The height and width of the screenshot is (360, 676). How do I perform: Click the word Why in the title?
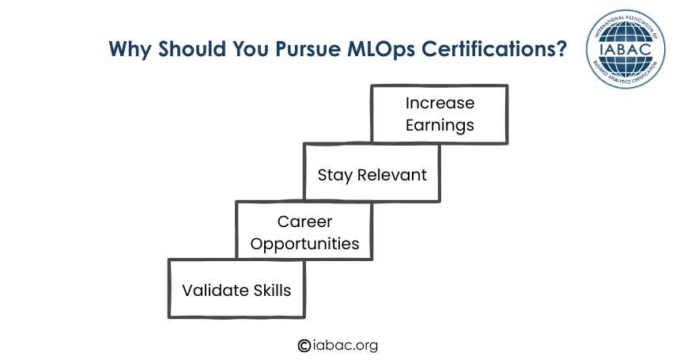click(x=130, y=49)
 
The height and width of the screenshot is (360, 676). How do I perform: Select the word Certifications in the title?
click(x=487, y=48)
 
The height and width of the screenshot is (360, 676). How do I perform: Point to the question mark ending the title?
click(x=560, y=48)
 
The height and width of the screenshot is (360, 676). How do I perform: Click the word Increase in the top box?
click(x=440, y=103)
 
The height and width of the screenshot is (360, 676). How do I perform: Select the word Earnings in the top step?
click(x=440, y=126)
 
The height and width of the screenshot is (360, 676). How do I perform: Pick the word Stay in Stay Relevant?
click(x=335, y=176)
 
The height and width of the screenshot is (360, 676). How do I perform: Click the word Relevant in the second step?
click(x=392, y=175)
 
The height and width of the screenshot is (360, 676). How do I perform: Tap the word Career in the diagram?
click(x=305, y=222)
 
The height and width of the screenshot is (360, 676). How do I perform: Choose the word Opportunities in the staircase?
click(x=305, y=244)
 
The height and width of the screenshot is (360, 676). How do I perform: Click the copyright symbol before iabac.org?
click(x=304, y=345)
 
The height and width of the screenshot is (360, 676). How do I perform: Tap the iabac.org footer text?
click(x=345, y=345)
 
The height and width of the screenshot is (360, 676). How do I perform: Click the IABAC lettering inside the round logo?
click(x=625, y=49)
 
